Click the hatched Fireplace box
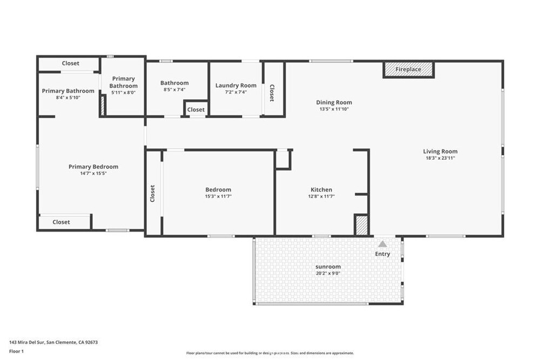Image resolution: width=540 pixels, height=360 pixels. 408,70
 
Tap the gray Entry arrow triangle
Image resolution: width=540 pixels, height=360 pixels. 382,244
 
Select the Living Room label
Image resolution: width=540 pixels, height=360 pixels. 440,152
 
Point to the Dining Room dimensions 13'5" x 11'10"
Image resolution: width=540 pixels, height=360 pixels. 334,109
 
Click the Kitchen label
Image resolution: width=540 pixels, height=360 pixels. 321,189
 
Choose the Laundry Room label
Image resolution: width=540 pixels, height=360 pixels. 236,85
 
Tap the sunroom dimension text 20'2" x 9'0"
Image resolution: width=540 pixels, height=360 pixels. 328,274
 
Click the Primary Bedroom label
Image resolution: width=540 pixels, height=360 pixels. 93,167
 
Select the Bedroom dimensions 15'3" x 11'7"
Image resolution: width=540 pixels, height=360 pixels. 218,196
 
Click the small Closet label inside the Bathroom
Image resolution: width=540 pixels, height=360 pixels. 196,110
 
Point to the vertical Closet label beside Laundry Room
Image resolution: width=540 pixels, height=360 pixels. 272,93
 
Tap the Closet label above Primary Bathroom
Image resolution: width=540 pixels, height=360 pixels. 71,63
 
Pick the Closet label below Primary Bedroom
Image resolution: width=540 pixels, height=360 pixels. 62,222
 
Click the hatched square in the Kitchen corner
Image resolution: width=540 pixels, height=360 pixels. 362,226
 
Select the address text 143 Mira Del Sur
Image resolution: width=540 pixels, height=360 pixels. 27,342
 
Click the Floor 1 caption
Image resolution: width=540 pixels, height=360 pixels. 16,351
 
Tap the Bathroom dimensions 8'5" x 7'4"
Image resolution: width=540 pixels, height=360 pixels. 174,90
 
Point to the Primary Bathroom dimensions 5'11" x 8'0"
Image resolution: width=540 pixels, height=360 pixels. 123,93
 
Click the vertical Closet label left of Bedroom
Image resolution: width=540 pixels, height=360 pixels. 152,193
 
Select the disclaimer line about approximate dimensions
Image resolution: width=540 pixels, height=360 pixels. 270,353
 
